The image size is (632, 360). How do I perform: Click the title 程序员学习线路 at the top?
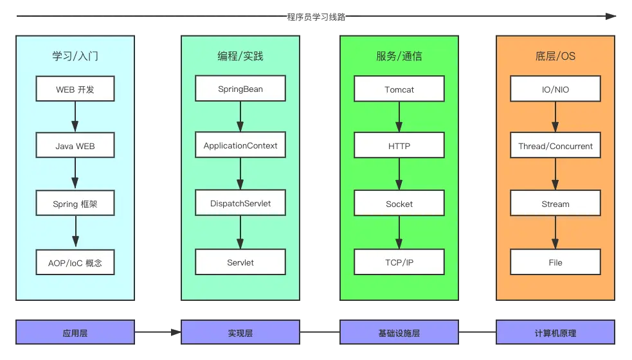click(316, 17)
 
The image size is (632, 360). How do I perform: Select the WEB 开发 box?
click(75, 89)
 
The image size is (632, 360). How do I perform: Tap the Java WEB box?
click(75, 146)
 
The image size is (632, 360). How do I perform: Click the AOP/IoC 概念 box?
click(75, 262)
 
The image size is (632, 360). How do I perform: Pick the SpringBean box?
click(240, 89)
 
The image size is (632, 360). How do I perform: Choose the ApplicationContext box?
click(240, 145)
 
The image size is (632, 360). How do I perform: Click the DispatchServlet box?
click(240, 203)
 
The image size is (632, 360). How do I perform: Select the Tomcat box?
click(399, 89)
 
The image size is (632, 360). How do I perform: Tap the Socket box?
click(399, 204)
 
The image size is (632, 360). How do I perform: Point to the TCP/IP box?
click(399, 262)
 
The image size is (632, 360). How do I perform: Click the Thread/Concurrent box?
click(555, 146)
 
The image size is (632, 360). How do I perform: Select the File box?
click(555, 262)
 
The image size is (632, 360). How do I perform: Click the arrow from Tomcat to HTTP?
click(399, 117)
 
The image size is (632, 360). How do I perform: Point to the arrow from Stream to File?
click(555, 233)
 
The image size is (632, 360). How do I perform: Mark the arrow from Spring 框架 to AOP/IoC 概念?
click(76, 233)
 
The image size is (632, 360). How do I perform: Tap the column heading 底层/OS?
click(555, 56)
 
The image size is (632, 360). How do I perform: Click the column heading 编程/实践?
click(240, 56)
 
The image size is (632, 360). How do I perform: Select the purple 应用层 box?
click(75, 333)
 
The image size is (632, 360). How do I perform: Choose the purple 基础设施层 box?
click(399, 333)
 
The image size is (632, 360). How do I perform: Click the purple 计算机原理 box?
click(555, 333)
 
